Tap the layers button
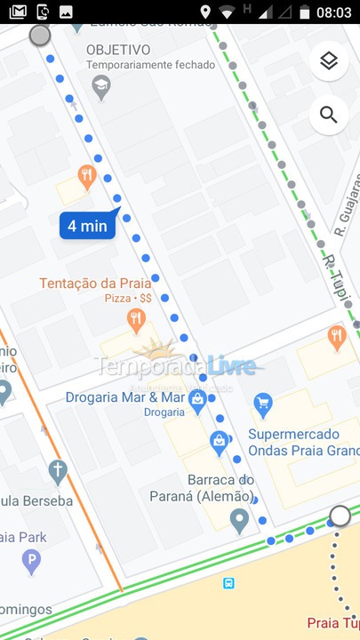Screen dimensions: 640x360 (329, 60)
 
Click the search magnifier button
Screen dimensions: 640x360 (329, 115)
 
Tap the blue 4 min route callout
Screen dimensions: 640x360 (87, 226)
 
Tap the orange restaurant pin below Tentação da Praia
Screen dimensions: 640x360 (136, 320)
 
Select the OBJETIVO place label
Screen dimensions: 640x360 (118, 50)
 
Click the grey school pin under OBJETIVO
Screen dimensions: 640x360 (101, 86)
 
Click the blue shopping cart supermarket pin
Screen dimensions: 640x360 (262, 405)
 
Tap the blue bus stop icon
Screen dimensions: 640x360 (229, 583)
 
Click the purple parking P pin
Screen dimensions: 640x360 (31, 561)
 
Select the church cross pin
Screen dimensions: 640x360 (58, 470)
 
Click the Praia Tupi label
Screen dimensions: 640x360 (332, 623)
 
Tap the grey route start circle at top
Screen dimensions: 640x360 (40, 36)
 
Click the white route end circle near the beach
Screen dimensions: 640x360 (340, 516)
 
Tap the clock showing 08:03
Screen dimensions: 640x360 (334, 12)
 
